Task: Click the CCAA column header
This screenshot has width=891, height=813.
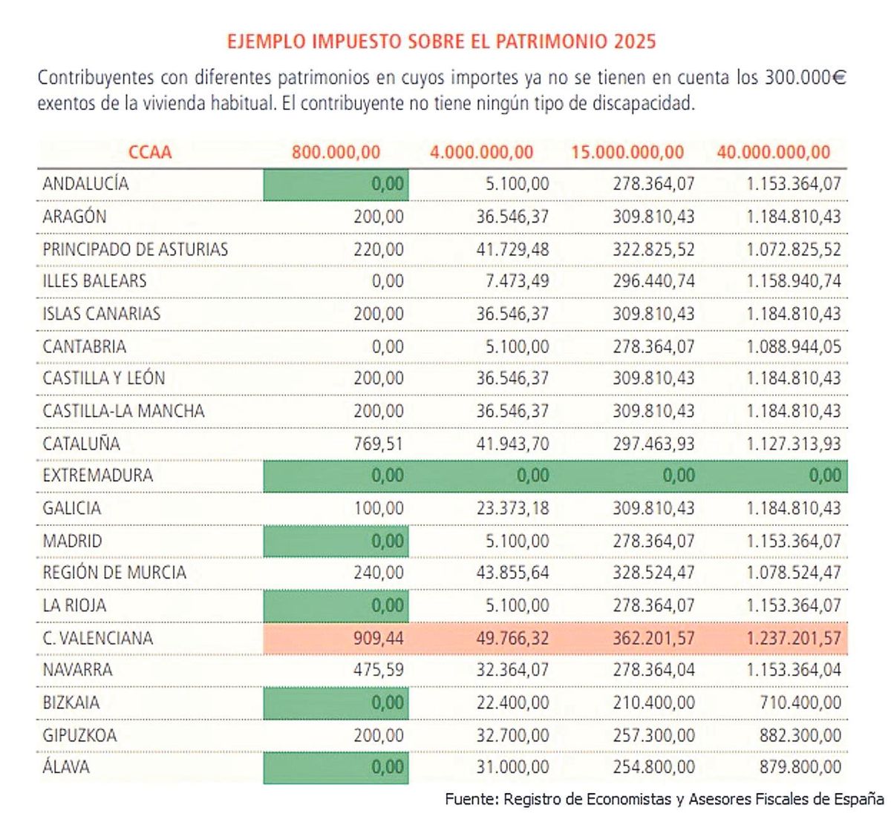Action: pos(150,153)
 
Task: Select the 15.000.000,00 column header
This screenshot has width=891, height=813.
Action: pos(627,153)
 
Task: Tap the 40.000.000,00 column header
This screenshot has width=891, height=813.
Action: pos(773,153)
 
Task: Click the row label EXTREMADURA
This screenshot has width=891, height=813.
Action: pos(97,475)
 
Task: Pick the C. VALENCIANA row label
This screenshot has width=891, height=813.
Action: pos(97,638)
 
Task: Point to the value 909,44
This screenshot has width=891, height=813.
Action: pos(379,638)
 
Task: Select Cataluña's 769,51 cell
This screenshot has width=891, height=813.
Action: pos(379,444)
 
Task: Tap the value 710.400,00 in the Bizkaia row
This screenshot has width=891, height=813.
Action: pos(800,702)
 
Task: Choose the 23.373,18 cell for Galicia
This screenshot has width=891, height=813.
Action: pos(512,508)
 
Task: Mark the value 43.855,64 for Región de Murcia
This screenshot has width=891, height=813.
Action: pos(512,573)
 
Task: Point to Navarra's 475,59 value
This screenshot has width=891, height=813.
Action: pos(379,670)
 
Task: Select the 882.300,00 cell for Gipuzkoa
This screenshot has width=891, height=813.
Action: pos(800,735)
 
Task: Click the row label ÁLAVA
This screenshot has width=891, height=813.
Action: pos(66,767)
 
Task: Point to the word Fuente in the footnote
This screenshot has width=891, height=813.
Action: pos(471,799)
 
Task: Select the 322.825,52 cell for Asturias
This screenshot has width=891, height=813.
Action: pos(653,249)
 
